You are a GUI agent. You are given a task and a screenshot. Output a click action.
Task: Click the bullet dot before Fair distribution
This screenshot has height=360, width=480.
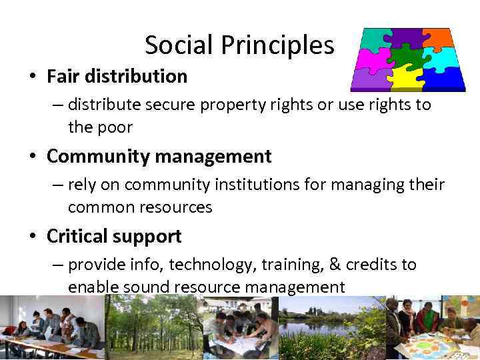pyautogui.click(x=32, y=77)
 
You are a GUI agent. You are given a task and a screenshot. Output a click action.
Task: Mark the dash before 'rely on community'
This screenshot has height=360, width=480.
pyautogui.click(x=58, y=185)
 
